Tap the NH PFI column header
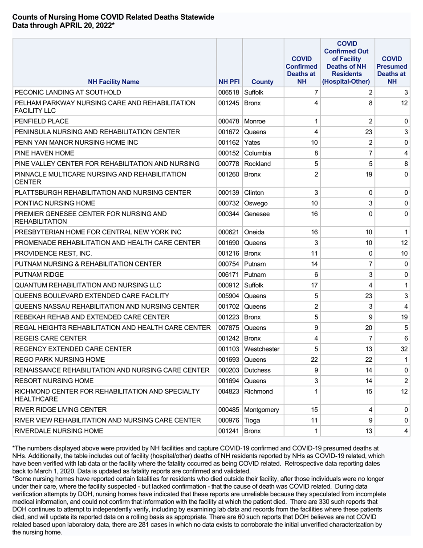[x=229, y=82]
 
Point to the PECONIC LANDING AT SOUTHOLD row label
[x=68, y=93]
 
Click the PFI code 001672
[x=229, y=132]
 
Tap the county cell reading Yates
[x=252, y=143]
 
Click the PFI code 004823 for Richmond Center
[x=229, y=392]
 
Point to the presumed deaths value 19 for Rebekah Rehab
[x=404, y=317]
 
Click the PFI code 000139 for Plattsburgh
[x=229, y=192]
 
